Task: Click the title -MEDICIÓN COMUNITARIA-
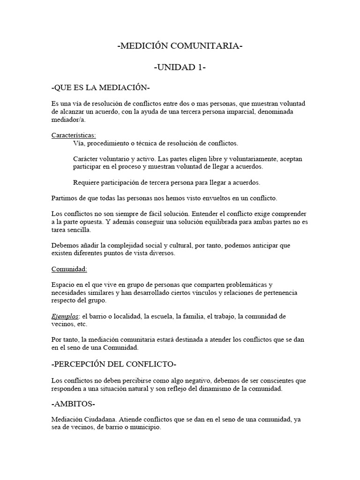tap(180, 46)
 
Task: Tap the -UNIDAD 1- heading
tap(180, 67)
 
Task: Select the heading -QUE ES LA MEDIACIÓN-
tap(101, 88)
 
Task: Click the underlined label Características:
tap(74, 135)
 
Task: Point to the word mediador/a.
tap(68, 120)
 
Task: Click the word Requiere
tap(87, 182)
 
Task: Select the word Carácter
tap(86, 159)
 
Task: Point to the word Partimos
tap(65, 199)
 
